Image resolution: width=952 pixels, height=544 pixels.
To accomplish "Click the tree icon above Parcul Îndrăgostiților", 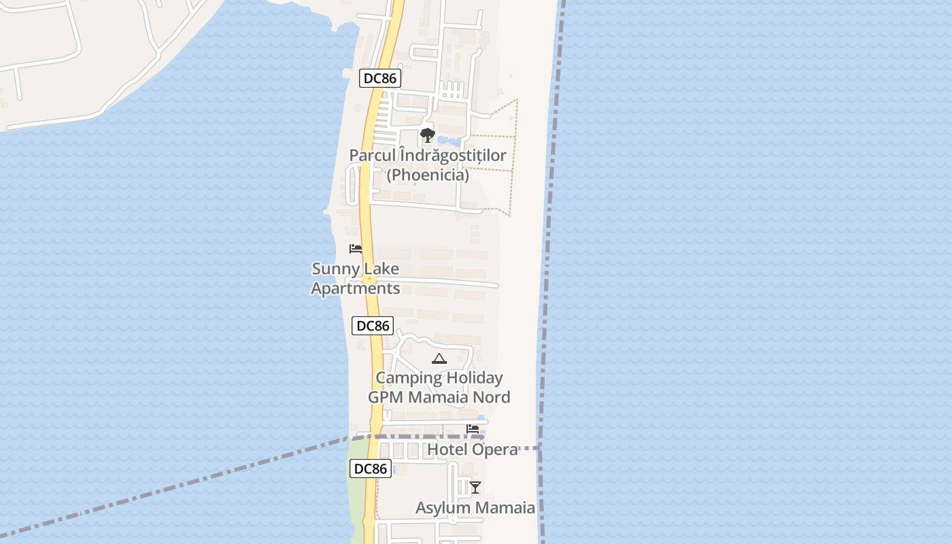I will (427, 135).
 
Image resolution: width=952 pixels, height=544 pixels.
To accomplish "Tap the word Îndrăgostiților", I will (452, 156).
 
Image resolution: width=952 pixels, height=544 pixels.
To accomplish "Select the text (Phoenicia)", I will (428, 175).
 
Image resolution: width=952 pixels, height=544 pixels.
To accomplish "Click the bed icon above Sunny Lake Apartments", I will (355, 249).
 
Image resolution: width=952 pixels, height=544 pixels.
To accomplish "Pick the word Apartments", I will (355, 288).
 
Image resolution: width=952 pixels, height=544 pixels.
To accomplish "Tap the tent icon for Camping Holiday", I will (439, 358).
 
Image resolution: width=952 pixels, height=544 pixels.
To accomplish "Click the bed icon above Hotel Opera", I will (473, 429).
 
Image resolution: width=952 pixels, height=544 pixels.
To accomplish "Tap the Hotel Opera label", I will (473, 449).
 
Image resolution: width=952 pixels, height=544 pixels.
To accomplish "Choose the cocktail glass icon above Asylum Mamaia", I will (475, 487).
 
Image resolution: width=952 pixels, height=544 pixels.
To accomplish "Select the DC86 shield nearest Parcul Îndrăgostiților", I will (379, 78).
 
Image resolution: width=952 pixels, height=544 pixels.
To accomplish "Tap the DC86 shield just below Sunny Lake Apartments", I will (373, 326).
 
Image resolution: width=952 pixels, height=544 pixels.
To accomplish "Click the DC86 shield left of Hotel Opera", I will (371, 469).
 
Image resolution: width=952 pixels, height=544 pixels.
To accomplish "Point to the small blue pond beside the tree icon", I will (447, 140).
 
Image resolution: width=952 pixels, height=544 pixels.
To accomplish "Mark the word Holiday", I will (474, 378).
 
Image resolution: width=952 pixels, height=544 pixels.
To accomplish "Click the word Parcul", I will (371, 156).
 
